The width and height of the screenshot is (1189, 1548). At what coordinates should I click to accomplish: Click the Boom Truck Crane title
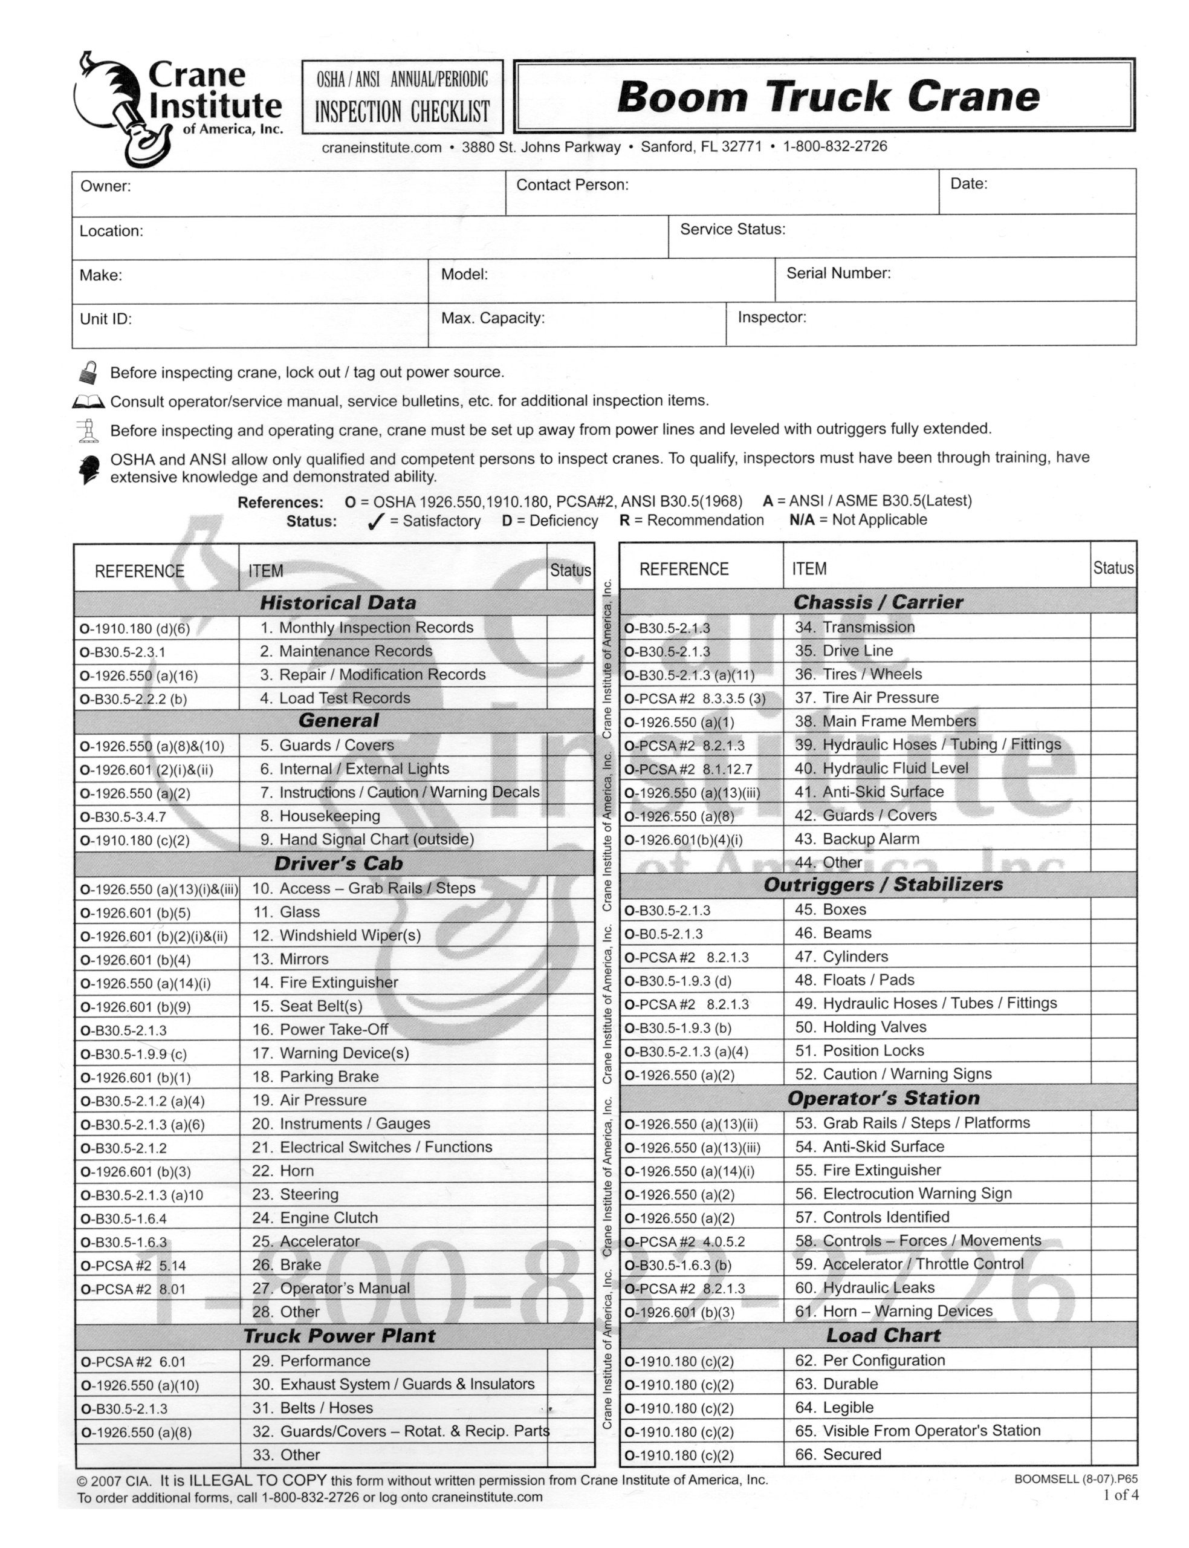click(x=828, y=96)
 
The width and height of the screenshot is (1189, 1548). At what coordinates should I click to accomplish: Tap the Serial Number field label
click(x=838, y=273)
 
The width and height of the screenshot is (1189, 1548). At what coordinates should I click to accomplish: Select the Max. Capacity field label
click(x=493, y=318)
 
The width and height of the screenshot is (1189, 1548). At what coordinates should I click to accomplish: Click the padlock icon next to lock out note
click(x=88, y=372)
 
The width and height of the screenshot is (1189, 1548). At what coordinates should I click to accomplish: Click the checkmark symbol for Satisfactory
click(x=376, y=522)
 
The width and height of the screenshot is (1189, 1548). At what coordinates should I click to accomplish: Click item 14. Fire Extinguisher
click(x=325, y=983)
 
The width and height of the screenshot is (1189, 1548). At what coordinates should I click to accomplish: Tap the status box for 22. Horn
click(x=571, y=1171)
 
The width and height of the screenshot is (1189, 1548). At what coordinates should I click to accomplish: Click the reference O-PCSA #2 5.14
click(x=133, y=1266)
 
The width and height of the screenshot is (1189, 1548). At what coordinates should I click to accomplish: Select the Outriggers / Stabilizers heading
click(x=883, y=885)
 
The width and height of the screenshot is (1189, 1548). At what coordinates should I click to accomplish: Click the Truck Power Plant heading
click(x=339, y=1336)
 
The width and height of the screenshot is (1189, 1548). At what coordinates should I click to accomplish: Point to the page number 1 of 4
click(x=1120, y=1495)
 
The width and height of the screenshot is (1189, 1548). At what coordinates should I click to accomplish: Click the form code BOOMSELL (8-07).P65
click(x=1075, y=1479)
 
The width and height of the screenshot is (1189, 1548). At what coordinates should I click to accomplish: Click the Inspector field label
click(x=771, y=317)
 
